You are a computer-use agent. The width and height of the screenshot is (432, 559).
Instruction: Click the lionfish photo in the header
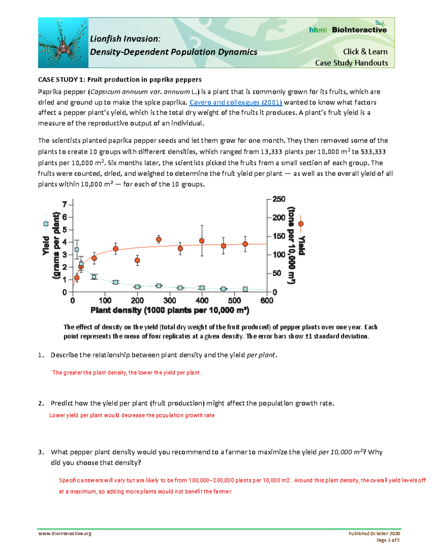pyautogui.click(x=63, y=43)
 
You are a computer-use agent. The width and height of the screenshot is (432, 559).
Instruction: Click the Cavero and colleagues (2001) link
pyautogui.click(x=236, y=102)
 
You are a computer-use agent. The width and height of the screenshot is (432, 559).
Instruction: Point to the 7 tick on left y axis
pyautogui.click(x=65, y=204)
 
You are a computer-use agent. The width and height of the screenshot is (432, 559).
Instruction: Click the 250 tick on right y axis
pyautogui.click(x=279, y=199)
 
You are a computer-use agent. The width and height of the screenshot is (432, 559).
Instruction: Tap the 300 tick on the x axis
pyautogui.click(x=170, y=301)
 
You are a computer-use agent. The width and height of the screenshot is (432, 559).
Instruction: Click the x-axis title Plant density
pyautogui.click(x=170, y=310)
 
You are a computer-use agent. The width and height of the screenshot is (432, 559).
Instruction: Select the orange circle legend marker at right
pyautogui.click(x=301, y=224)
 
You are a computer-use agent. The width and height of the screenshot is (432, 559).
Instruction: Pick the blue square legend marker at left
pyautogui.click(x=46, y=224)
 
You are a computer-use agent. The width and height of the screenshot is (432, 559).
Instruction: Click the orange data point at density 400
pyautogui.click(x=202, y=241)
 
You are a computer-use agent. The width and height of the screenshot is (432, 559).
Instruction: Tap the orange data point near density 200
pyautogui.click(x=137, y=260)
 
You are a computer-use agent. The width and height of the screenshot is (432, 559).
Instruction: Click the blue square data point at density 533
pyautogui.click(x=245, y=289)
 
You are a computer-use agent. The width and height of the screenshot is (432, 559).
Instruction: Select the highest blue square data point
pyautogui.click(x=76, y=249)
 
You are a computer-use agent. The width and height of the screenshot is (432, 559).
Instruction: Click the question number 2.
pyautogui.click(x=41, y=404)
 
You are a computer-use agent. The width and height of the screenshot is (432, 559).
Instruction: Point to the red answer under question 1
pyautogui.click(x=127, y=373)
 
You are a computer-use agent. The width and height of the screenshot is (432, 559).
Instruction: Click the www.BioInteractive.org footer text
pyautogui.click(x=65, y=533)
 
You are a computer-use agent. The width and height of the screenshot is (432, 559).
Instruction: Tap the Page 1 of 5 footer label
pyautogui.click(x=388, y=540)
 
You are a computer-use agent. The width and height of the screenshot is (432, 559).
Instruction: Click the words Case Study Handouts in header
pyautogui.click(x=351, y=63)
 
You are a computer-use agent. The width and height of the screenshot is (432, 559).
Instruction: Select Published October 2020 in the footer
pyautogui.click(x=374, y=533)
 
